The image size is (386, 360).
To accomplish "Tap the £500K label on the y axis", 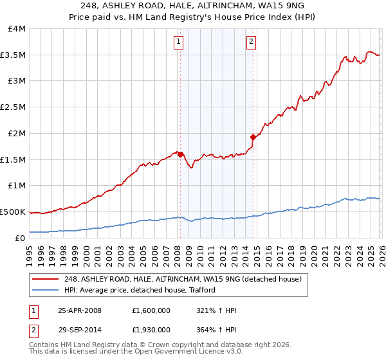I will pyautogui.click(x=13, y=212).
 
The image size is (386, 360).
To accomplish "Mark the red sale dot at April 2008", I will pyautogui.click(x=180, y=154).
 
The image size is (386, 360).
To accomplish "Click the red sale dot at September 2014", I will pyautogui.click(x=253, y=137).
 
